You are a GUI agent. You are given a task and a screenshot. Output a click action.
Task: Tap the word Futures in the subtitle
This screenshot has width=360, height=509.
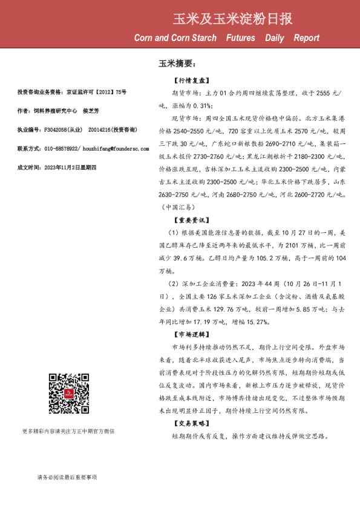[x=241, y=38]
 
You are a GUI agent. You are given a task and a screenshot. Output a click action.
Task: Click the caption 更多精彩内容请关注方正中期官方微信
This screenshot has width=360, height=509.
[x=68, y=431]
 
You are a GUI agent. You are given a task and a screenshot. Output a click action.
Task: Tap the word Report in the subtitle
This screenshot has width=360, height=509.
[x=307, y=38]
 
